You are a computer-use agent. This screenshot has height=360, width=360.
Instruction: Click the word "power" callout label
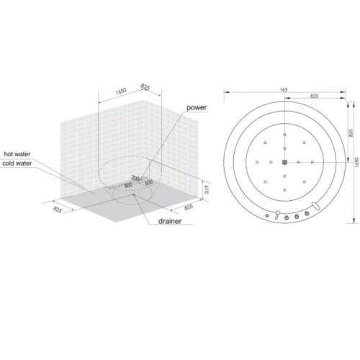click(197, 107)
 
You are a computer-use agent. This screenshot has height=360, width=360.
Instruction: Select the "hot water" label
click(17, 154)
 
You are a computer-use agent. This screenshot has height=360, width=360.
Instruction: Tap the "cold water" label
click(17, 163)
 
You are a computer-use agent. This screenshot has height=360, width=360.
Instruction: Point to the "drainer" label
click(170, 221)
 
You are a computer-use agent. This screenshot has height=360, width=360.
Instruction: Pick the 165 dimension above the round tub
click(284, 90)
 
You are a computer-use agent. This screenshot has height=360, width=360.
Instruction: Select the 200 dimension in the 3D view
click(135, 178)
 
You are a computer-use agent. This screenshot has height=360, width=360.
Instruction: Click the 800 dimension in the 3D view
click(128, 185)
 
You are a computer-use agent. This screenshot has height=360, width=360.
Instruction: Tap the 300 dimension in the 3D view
click(149, 182)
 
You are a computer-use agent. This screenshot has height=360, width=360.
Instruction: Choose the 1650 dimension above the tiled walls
click(121, 91)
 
